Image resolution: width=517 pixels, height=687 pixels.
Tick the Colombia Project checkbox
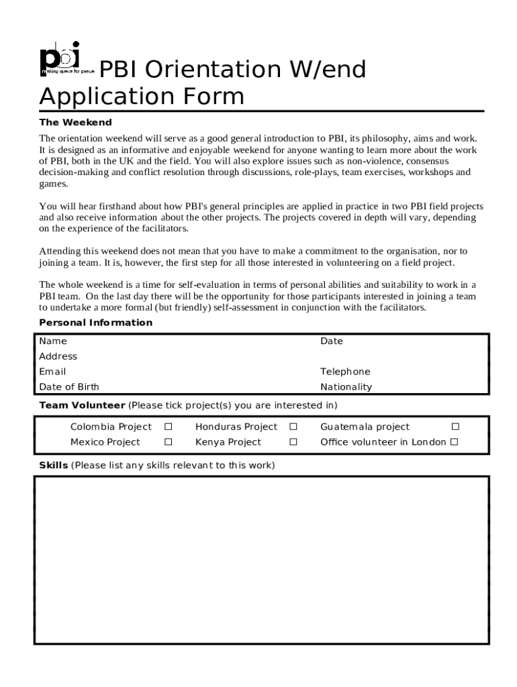tap(169, 427)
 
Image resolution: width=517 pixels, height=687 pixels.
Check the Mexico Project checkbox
tap(169, 442)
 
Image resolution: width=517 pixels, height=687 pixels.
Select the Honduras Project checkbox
tap(293, 427)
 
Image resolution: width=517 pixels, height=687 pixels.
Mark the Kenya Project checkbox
tap(293, 442)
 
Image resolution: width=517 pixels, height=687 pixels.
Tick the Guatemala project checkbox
tap(455, 427)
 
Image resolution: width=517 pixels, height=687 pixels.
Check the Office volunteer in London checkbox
tap(455, 442)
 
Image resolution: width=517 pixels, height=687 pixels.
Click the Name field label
tap(53, 341)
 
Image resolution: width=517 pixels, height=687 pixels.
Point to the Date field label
tap(332, 341)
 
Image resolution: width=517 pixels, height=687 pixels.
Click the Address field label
tap(58, 356)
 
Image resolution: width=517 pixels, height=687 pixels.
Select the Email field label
tap(52, 372)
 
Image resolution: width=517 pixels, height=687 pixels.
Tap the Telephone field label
tap(345, 372)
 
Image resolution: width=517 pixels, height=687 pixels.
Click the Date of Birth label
tap(69, 387)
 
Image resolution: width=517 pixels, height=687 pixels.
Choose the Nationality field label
tap(346, 387)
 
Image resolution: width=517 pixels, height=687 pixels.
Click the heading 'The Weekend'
tap(75, 123)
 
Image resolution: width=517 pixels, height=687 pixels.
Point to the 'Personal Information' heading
tap(96, 323)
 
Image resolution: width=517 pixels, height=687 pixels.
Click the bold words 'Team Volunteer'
tap(82, 405)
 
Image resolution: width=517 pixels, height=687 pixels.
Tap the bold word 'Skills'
tap(53, 465)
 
